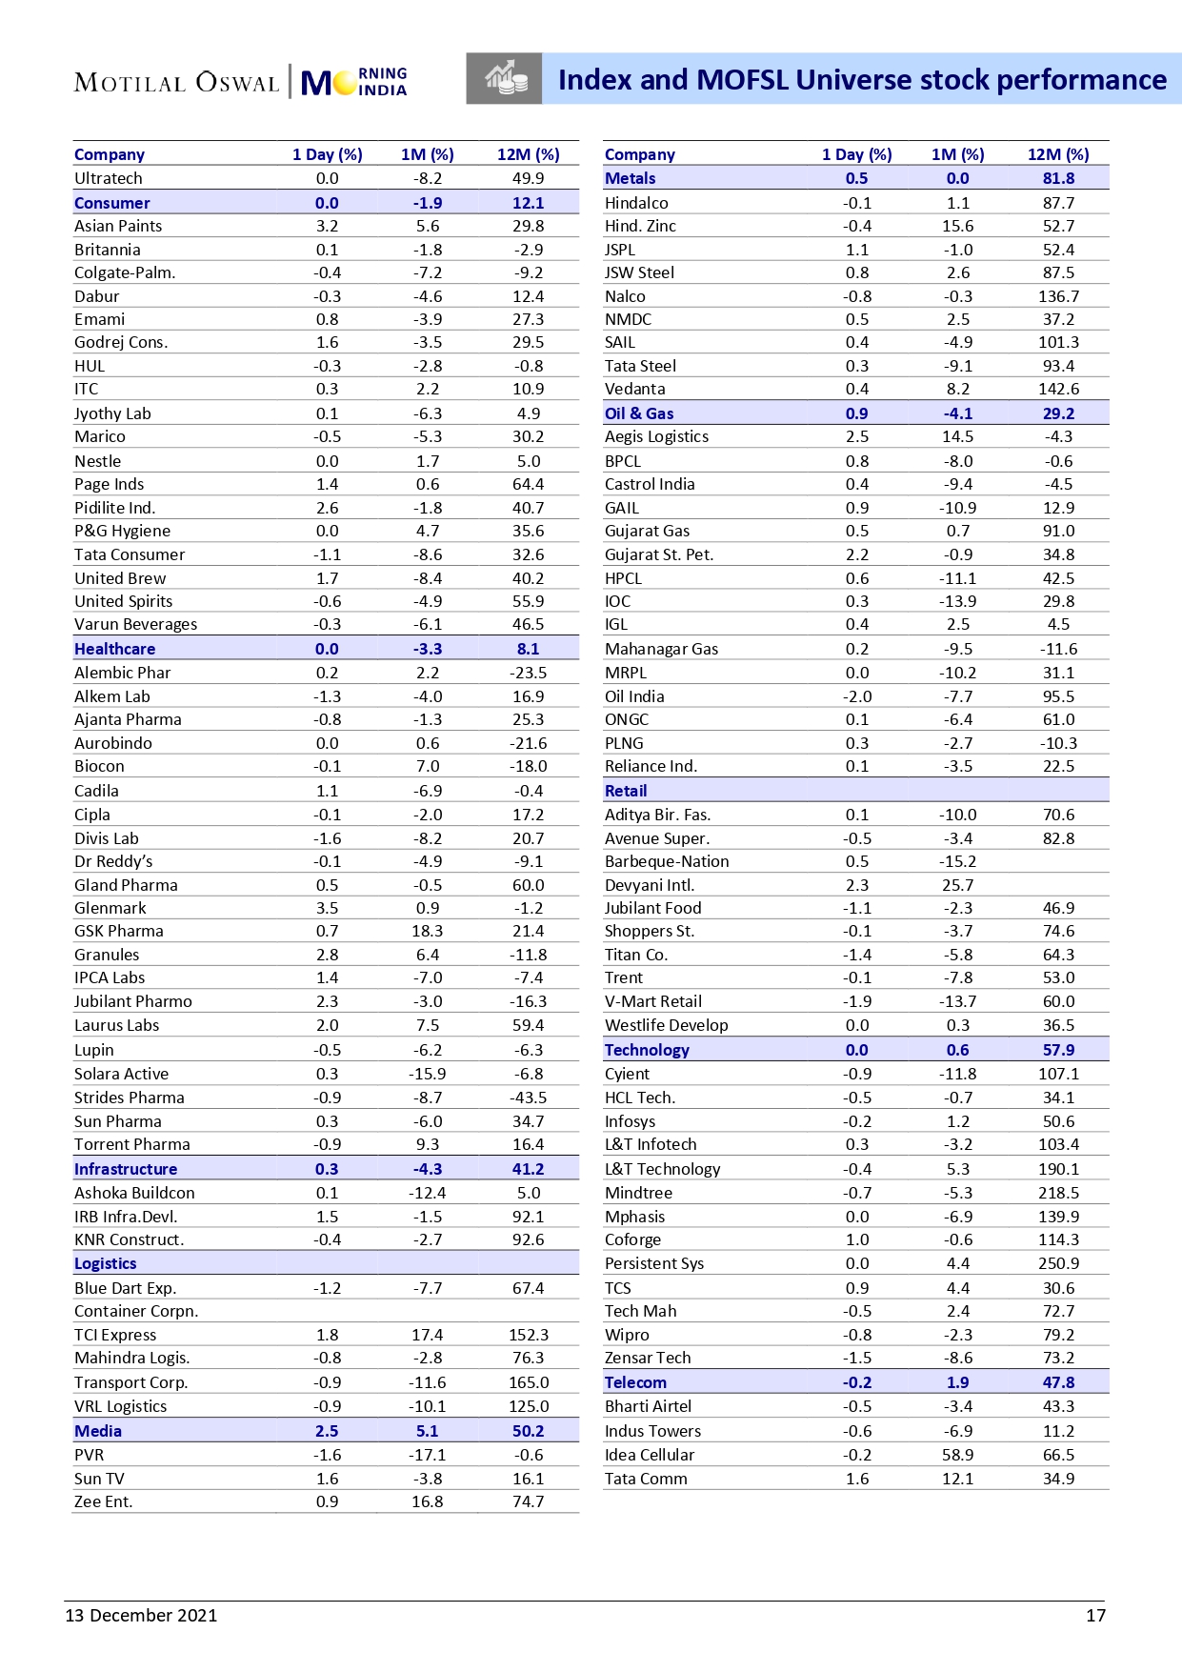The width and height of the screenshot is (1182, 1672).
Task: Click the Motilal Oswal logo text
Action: click(176, 83)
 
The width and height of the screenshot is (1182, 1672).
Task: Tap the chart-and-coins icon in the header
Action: click(505, 79)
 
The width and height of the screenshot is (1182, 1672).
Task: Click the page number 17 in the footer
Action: click(1095, 1615)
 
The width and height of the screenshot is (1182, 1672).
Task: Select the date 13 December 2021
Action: click(141, 1615)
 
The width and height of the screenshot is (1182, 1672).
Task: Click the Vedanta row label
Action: click(634, 389)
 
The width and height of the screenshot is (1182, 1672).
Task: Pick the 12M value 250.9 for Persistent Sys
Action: click(1058, 1263)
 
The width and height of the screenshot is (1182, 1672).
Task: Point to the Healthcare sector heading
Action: click(114, 649)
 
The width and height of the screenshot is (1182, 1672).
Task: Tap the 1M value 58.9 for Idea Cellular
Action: click(957, 1455)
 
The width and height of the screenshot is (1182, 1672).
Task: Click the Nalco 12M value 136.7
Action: click(1058, 296)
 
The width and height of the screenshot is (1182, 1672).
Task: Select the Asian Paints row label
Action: click(118, 226)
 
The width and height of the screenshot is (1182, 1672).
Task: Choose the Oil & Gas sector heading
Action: click(639, 413)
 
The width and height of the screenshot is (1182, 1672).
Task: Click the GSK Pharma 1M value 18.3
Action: click(428, 931)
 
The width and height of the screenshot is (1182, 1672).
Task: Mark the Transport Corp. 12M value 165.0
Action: click(528, 1382)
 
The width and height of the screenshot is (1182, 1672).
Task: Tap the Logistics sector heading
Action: click(106, 1263)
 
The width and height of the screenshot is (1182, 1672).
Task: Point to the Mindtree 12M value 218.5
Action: click(1058, 1193)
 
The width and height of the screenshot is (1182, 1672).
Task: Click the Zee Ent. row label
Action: click(103, 1501)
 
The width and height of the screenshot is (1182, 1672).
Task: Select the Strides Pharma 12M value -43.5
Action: click(528, 1098)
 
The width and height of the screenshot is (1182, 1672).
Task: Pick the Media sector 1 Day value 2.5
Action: click(327, 1431)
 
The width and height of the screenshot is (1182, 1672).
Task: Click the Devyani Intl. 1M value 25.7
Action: click(957, 885)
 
